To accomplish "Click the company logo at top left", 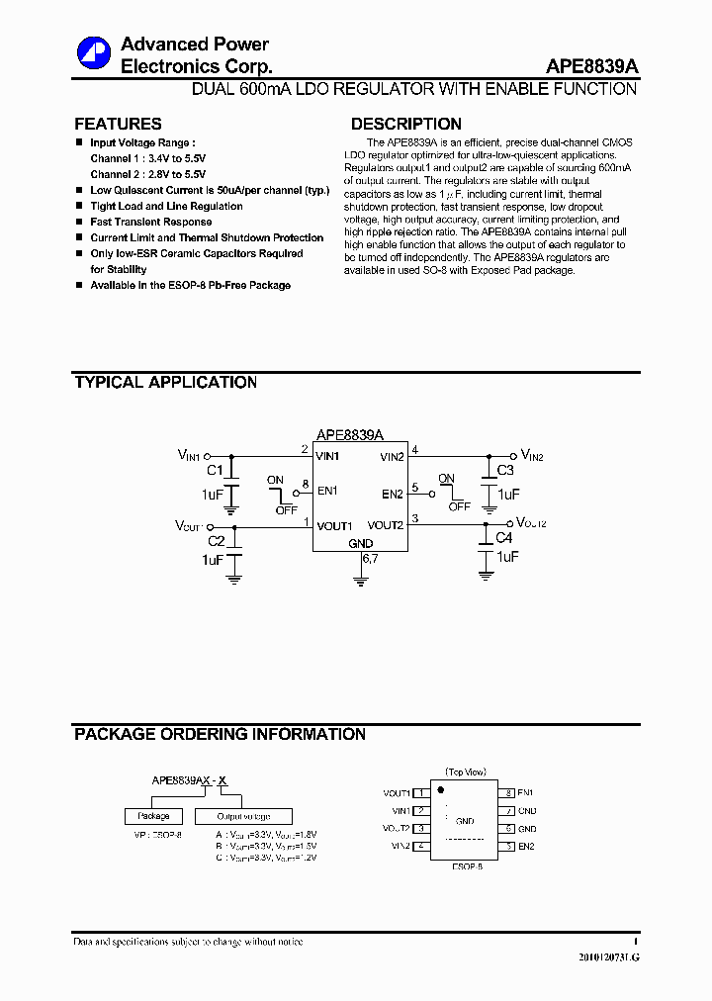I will coord(94,53).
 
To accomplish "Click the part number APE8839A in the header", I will coord(591,66).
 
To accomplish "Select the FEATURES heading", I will coord(118,125).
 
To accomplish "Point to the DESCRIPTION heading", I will coord(405,125).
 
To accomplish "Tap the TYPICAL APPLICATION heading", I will coord(165,383).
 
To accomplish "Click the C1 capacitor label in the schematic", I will coord(215,471).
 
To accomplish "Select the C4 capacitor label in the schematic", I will coord(503,538).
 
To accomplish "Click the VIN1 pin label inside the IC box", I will coord(327,457).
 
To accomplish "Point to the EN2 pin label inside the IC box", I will coord(393,494).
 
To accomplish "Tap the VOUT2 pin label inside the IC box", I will coord(386,525).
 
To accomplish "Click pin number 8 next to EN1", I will coord(306,485).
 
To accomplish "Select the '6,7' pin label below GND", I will coord(370,559).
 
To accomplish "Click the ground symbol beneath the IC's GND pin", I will coord(360,581).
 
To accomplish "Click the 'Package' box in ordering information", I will coord(153,816).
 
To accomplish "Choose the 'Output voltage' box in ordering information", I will coord(243,816).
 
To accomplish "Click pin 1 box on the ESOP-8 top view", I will coord(421,793).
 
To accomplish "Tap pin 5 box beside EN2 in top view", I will coord(508,847).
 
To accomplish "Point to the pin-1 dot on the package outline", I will coord(441,790).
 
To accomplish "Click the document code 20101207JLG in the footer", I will coord(608,958).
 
